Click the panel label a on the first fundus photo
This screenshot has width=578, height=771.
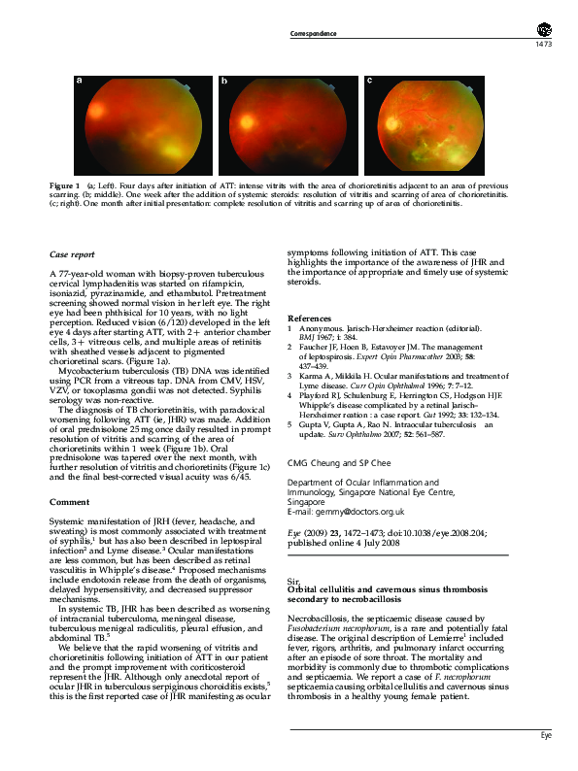point(79,82)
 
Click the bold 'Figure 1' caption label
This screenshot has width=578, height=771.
point(65,184)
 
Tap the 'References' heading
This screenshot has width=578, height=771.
point(311,319)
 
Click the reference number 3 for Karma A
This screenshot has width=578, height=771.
point(290,374)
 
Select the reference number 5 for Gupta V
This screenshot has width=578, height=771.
point(290,424)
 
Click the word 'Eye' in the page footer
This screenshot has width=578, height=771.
point(546,736)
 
